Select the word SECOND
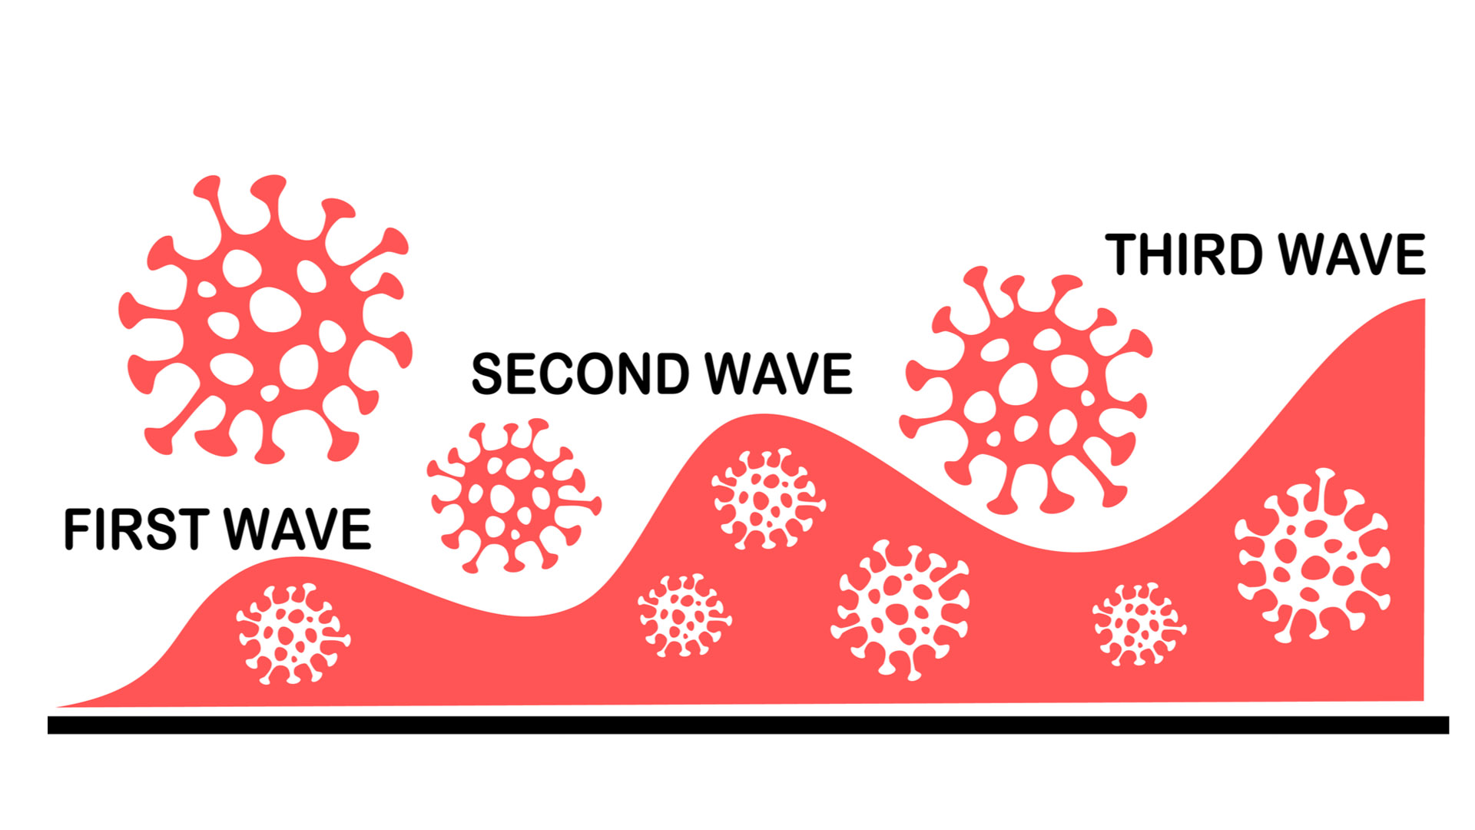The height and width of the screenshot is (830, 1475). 580,374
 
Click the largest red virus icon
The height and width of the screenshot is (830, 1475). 265,319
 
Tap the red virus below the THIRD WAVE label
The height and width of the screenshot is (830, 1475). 1026,390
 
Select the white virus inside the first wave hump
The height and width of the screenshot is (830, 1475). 293,634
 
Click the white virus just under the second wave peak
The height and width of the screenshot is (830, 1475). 767,499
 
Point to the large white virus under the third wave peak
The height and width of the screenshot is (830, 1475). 1313,555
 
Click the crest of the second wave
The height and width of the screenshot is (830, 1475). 761,417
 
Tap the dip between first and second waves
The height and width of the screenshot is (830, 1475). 530,616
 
